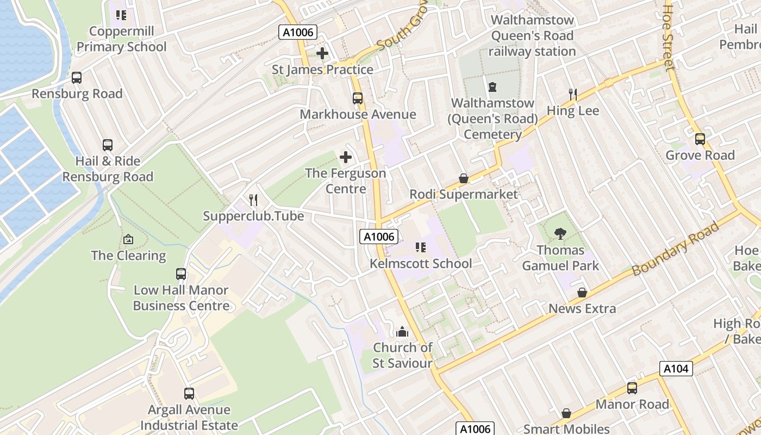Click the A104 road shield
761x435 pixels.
676,369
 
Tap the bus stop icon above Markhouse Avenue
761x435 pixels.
358,98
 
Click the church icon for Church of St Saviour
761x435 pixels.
402,331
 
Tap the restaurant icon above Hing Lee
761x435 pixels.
572,95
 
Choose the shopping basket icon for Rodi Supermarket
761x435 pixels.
464,178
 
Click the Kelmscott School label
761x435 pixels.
421,263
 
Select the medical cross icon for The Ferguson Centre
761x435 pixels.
346,158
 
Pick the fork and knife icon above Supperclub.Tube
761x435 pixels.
253,200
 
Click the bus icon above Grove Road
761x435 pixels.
700,139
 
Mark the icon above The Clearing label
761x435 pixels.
128,239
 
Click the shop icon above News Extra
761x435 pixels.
582,293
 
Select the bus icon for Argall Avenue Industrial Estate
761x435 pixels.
189,393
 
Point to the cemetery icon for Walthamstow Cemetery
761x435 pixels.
492,87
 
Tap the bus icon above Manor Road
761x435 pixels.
632,388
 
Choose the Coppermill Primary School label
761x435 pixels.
122,39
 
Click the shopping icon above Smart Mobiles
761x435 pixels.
566,414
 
